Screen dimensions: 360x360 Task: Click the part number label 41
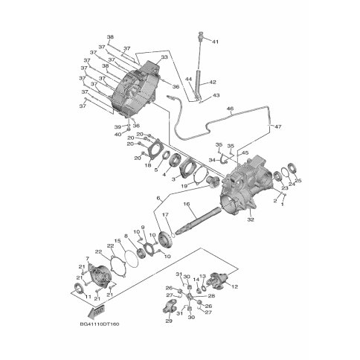tap(216, 42)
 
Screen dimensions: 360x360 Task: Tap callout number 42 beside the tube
tap(212, 83)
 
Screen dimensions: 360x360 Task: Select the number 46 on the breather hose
tap(230, 109)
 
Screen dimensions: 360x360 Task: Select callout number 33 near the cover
tap(164, 57)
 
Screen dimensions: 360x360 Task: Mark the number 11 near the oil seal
tap(86, 298)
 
